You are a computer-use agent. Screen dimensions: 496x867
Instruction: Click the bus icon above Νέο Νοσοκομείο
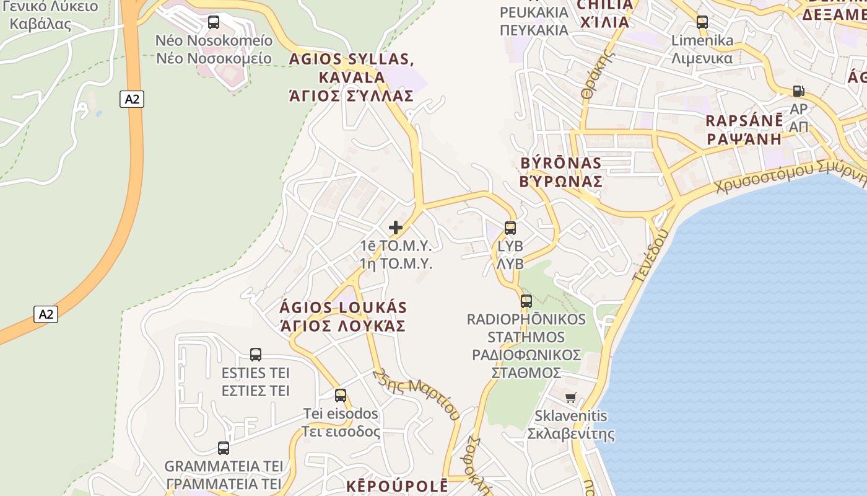pyautogui.click(x=214, y=22)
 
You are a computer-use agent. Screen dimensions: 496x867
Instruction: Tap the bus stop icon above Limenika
pyautogui.click(x=702, y=22)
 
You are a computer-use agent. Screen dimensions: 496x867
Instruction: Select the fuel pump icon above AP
pyautogui.click(x=798, y=91)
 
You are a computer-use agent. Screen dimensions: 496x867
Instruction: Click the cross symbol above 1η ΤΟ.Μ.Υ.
pyautogui.click(x=396, y=228)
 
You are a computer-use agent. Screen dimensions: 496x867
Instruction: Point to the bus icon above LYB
pyautogui.click(x=510, y=228)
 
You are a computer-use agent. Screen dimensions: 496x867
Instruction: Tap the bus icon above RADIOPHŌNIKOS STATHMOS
pyautogui.click(x=526, y=301)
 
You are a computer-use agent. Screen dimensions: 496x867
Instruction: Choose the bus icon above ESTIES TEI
pyautogui.click(x=256, y=355)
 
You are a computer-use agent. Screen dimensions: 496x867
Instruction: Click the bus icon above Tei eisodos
pyautogui.click(x=341, y=396)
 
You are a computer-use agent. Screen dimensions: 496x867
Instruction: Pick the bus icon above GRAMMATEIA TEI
pyautogui.click(x=224, y=448)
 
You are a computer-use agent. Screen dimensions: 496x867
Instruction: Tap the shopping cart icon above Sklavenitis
pyautogui.click(x=570, y=397)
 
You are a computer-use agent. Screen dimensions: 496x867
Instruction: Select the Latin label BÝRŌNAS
pyautogui.click(x=561, y=163)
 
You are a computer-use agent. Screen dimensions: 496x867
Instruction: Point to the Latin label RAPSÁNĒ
pyautogui.click(x=744, y=121)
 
